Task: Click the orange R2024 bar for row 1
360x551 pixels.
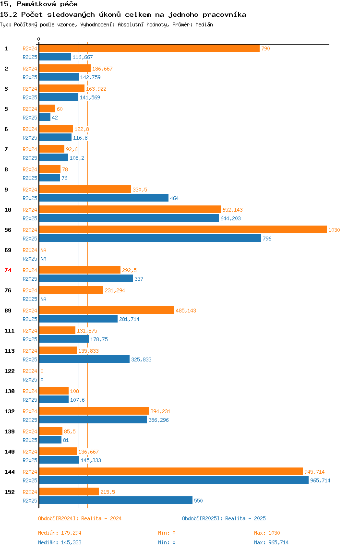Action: (149, 48)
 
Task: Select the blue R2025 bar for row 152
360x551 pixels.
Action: (115, 501)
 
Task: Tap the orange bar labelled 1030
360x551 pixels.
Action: (182, 230)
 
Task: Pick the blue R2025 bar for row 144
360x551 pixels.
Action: (173, 480)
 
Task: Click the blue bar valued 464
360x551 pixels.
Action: (104, 198)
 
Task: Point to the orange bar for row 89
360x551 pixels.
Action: (107, 311)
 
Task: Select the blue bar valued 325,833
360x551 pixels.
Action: (84, 359)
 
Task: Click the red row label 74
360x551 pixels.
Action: (8, 270)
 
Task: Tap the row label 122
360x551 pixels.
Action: (10, 371)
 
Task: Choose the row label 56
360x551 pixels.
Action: (8, 230)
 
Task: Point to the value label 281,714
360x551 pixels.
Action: (129, 319)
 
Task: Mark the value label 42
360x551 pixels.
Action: (55, 118)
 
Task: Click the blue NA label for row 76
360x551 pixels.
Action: (43, 299)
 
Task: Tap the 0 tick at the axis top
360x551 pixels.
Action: (39, 39)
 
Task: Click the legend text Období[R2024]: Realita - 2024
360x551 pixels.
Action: (80, 518)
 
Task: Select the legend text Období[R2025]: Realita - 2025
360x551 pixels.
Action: (224, 518)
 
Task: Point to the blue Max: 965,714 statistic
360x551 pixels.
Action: (271, 542)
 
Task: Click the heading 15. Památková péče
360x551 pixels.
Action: (39, 4)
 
